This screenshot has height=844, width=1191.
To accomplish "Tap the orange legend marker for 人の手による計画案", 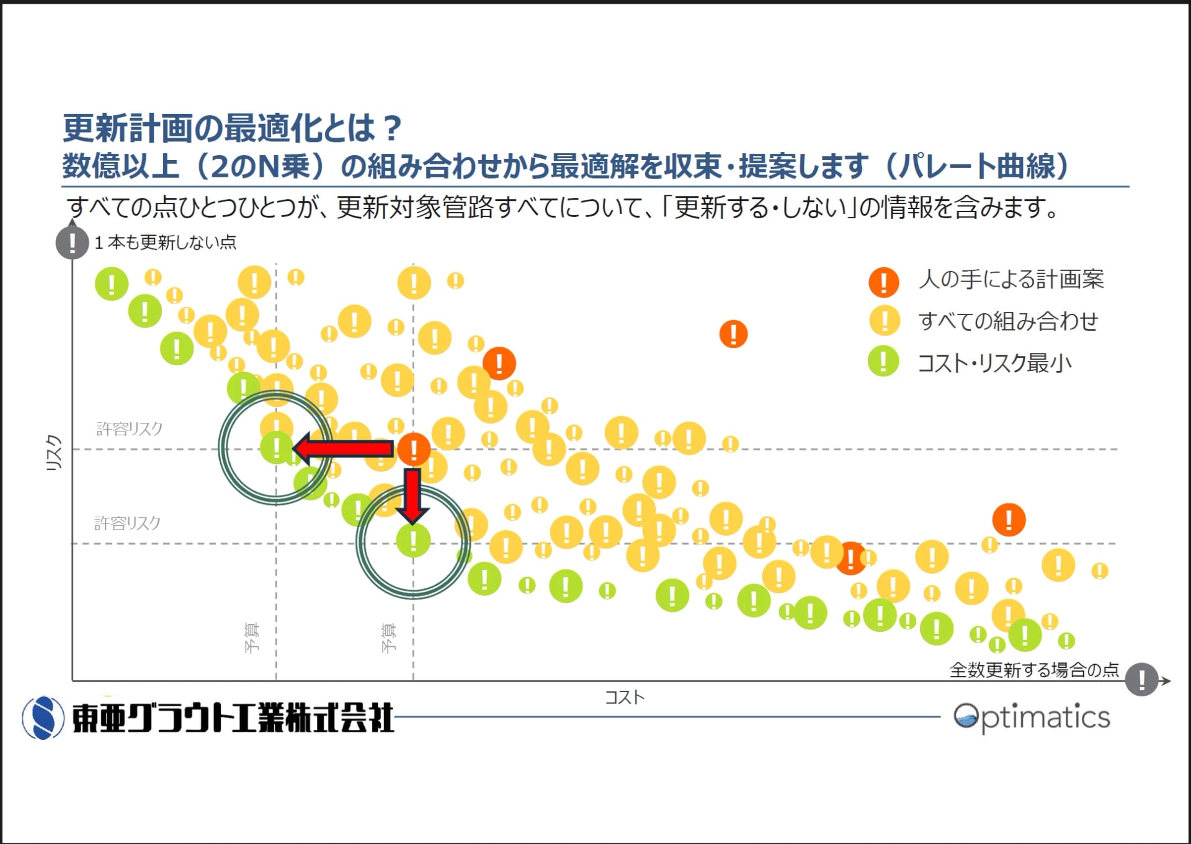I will click(x=883, y=282).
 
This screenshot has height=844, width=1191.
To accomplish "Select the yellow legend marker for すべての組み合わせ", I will click(x=884, y=321).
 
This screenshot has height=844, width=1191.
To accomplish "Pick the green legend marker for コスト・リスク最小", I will click(x=883, y=362).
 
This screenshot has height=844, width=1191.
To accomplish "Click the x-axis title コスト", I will click(x=625, y=698).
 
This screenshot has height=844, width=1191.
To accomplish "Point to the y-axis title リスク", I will click(x=55, y=453).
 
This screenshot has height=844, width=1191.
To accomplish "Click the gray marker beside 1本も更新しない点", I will click(x=72, y=242).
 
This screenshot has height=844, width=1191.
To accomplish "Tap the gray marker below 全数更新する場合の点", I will click(x=1141, y=680).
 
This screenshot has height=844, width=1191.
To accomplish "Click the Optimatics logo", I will click(x=1032, y=717).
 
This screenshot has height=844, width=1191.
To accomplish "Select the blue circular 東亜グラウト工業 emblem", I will click(x=43, y=718).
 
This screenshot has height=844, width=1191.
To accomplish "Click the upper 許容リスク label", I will click(x=129, y=429).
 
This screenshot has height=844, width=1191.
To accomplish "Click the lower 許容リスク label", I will click(x=127, y=523).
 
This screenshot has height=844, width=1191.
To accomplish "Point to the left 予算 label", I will click(x=252, y=637).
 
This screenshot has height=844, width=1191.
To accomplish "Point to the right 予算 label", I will click(x=388, y=637).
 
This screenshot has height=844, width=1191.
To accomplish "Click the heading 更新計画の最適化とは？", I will click(x=233, y=128).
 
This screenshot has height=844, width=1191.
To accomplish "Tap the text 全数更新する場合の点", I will click(x=1034, y=670).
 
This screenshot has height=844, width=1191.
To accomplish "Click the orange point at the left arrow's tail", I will click(x=414, y=449).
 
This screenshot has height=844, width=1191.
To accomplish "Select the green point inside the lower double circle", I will click(x=413, y=540).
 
